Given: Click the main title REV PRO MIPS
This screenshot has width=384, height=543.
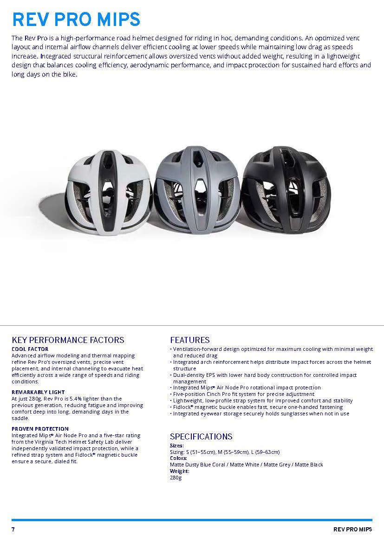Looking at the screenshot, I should [76, 19].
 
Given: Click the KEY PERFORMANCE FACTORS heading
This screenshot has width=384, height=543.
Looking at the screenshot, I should [68, 340].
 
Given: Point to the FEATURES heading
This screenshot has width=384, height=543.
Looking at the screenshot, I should [190, 340].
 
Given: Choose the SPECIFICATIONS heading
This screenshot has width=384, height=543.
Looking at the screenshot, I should [201, 436].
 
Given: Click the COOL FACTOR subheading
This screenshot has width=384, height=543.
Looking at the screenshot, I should [30, 349].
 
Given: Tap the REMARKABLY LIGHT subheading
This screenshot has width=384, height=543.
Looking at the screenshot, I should [38, 392].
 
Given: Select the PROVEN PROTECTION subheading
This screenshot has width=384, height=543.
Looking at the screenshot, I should [40, 429].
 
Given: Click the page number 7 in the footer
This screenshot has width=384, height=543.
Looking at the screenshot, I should [13, 530].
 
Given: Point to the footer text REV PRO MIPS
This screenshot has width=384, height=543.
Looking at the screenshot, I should [352, 530].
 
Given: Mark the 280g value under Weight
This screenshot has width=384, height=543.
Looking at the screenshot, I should [176, 478].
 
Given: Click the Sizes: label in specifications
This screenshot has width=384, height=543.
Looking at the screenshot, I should [177, 446].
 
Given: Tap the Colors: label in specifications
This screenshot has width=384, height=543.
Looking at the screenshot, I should [179, 458].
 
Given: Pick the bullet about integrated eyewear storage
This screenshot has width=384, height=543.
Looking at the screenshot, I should [261, 414].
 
